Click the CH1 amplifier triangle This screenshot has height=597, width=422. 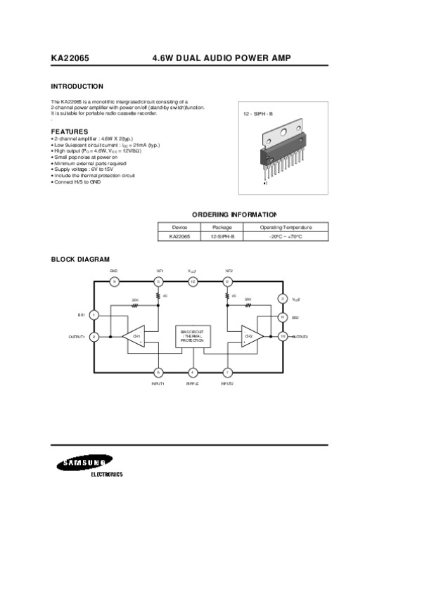coord(136,336)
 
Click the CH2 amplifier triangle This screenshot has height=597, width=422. coord(250,336)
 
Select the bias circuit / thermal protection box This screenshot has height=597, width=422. coord(192,336)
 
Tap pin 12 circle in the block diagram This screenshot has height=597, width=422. coord(193,281)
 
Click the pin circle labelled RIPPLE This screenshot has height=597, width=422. coord(193,372)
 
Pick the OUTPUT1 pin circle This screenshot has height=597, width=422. coord(94,337)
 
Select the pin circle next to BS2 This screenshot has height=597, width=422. coord(283,317)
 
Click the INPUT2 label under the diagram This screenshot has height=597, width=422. coord(227,383)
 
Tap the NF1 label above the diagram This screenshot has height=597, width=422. coord(159,271)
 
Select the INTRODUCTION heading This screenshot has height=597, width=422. coord(77,86)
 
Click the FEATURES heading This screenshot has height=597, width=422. coord(69,131)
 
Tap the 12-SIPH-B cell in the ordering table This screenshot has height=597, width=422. coord(222,237)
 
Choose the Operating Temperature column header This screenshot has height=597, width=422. coord(286,228)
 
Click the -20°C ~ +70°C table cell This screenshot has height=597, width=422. coord(286,237)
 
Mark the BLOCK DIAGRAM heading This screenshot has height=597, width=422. coord(80,259)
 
